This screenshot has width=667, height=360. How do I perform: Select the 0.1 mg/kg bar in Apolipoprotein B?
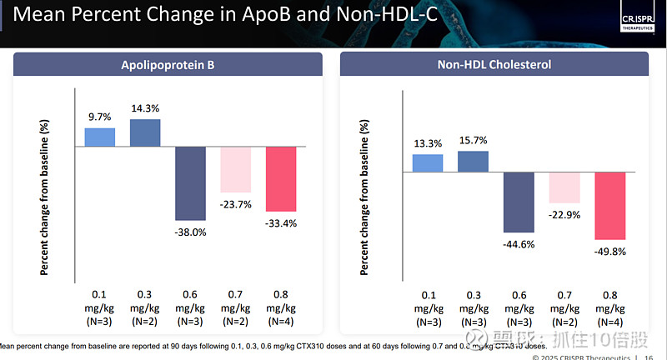pyautogui.click(x=101, y=137)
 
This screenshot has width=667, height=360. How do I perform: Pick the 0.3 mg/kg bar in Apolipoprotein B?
pyautogui.click(x=145, y=132)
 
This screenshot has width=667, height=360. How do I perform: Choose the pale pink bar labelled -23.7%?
pyautogui.click(x=234, y=170)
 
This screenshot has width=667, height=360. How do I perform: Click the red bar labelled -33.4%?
pyautogui.click(x=279, y=179)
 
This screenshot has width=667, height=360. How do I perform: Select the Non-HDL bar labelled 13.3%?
pyautogui.click(x=428, y=163)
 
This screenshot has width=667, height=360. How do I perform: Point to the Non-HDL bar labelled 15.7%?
pyautogui.click(x=473, y=162)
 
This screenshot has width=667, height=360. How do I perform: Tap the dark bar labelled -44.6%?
pyautogui.click(x=518, y=202)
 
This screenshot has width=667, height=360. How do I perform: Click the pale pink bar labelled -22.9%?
pyautogui.click(x=563, y=187)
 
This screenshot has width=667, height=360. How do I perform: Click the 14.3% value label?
pyautogui.click(x=145, y=108)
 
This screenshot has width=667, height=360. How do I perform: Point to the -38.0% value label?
pyautogui.click(x=190, y=232)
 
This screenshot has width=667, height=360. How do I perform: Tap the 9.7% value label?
pyautogui.click(x=101, y=117)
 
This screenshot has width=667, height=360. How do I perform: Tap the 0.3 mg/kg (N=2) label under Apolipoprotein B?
pyautogui.click(x=145, y=307)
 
